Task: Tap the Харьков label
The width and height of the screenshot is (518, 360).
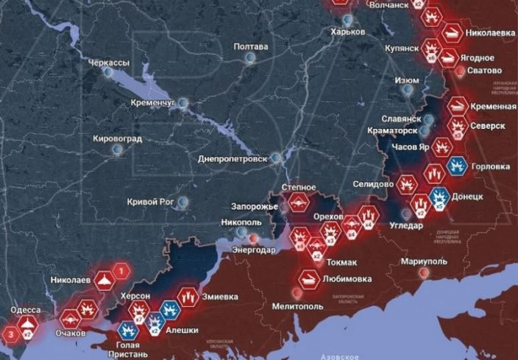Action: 348,32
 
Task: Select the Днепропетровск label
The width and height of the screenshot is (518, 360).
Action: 231,158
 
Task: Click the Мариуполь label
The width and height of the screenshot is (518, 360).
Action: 425,261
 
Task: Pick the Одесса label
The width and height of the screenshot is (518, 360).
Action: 26,310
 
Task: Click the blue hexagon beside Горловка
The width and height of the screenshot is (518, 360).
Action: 458,166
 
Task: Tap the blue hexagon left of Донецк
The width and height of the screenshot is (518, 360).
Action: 439,197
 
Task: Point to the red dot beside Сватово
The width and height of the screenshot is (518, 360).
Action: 461,71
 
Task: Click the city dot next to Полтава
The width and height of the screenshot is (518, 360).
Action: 251,57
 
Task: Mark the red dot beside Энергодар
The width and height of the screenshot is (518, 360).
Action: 254,239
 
